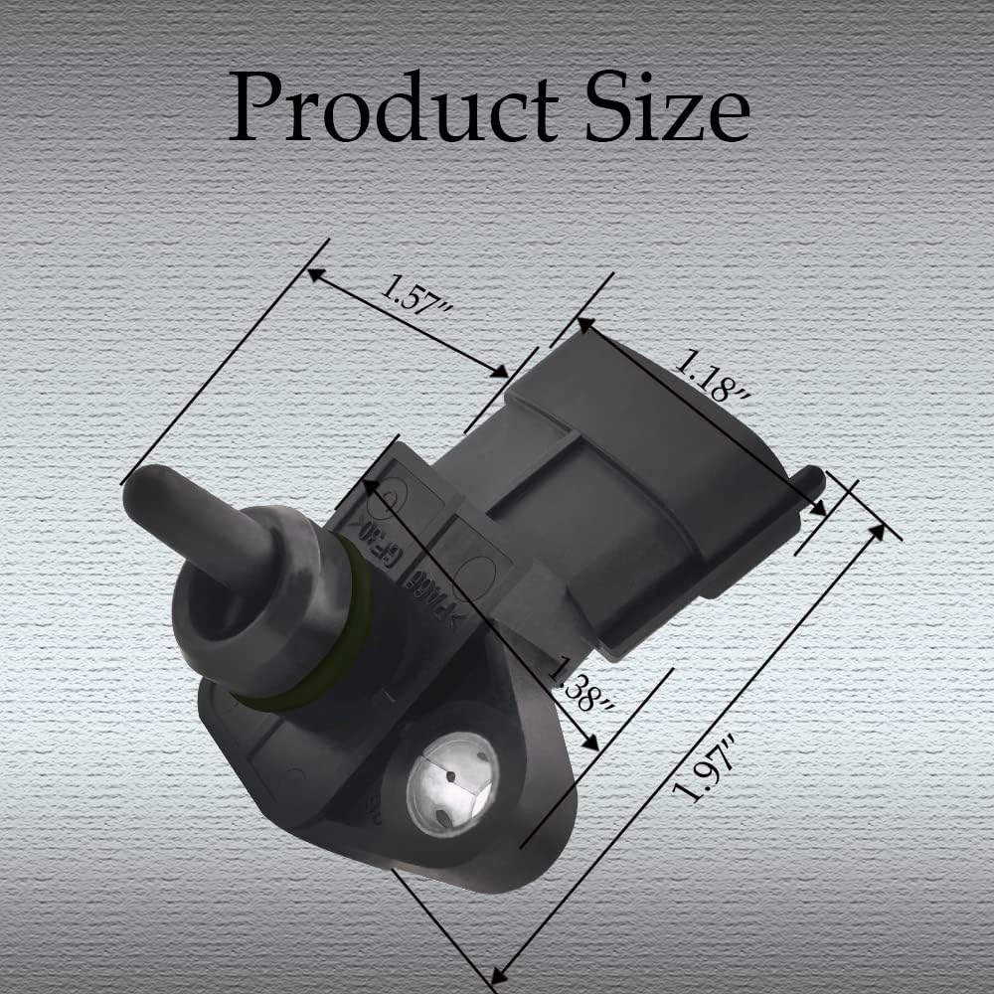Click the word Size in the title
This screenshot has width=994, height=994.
[x=664, y=106]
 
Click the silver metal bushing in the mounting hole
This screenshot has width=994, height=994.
[x=452, y=783]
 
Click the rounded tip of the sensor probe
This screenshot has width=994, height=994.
[x=142, y=487]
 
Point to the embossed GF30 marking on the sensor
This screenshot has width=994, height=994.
[x=366, y=549]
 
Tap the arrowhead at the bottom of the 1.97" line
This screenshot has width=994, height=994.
[x=500, y=971]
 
